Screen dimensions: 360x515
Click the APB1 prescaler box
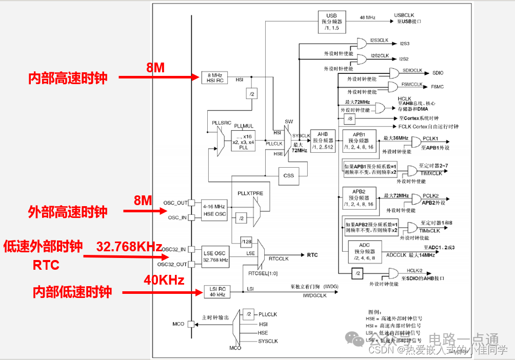(x=363, y=140)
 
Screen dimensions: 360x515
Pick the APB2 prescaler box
(x=363, y=197)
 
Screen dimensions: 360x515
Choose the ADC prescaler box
(x=365, y=251)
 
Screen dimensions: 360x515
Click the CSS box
(x=289, y=176)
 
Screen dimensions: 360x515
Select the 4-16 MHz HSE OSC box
(x=214, y=210)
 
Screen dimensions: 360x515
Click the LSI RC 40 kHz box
(x=217, y=291)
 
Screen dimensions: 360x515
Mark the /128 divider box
(x=246, y=242)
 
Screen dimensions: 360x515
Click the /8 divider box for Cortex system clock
(x=350, y=119)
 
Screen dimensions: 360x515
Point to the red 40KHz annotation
(x=164, y=280)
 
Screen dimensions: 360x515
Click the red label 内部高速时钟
(x=68, y=78)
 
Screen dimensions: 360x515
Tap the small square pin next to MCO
(x=191, y=324)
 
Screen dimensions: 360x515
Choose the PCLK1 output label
(x=430, y=138)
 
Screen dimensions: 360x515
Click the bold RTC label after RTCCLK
(x=312, y=255)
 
